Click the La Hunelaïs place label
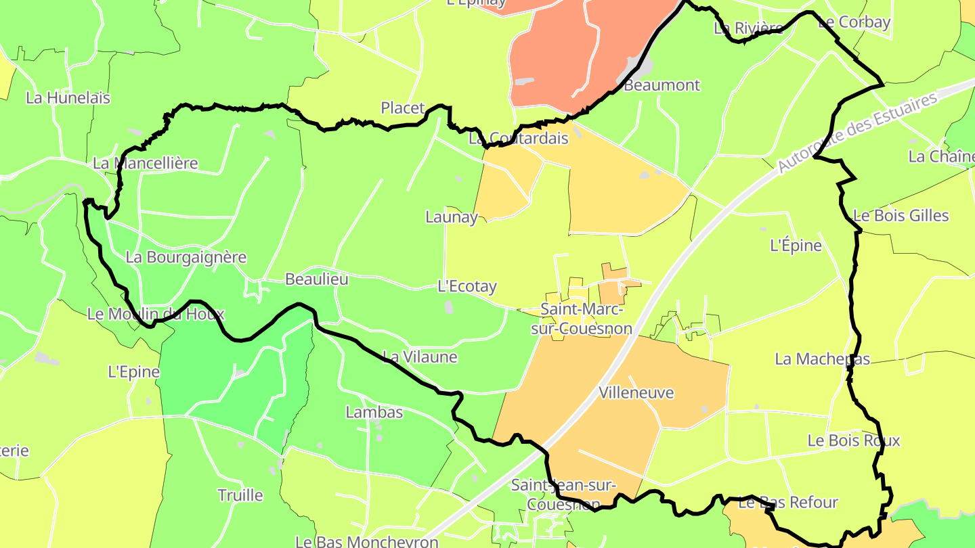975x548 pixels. click(x=68, y=97)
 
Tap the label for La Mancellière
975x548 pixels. click(x=146, y=163)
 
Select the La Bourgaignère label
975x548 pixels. click(x=186, y=257)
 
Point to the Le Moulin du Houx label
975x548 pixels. click(x=156, y=314)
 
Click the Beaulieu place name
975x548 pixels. click(x=316, y=279)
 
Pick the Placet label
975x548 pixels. click(x=403, y=108)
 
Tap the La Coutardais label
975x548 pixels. click(x=519, y=138)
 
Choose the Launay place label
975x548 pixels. click(x=451, y=217)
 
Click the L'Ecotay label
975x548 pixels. click(x=467, y=286)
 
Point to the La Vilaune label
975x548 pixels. click(x=420, y=357)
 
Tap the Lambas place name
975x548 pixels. click(x=374, y=412)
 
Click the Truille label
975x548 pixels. click(x=240, y=495)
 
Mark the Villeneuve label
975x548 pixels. click(x=636, y=392)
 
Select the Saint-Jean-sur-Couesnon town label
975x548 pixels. click(x=563, y=495)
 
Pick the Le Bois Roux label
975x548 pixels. click(x=854, y=440)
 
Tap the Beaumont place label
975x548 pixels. click(x=662, y=85)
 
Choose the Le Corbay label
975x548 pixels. click(x=854, y=22)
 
